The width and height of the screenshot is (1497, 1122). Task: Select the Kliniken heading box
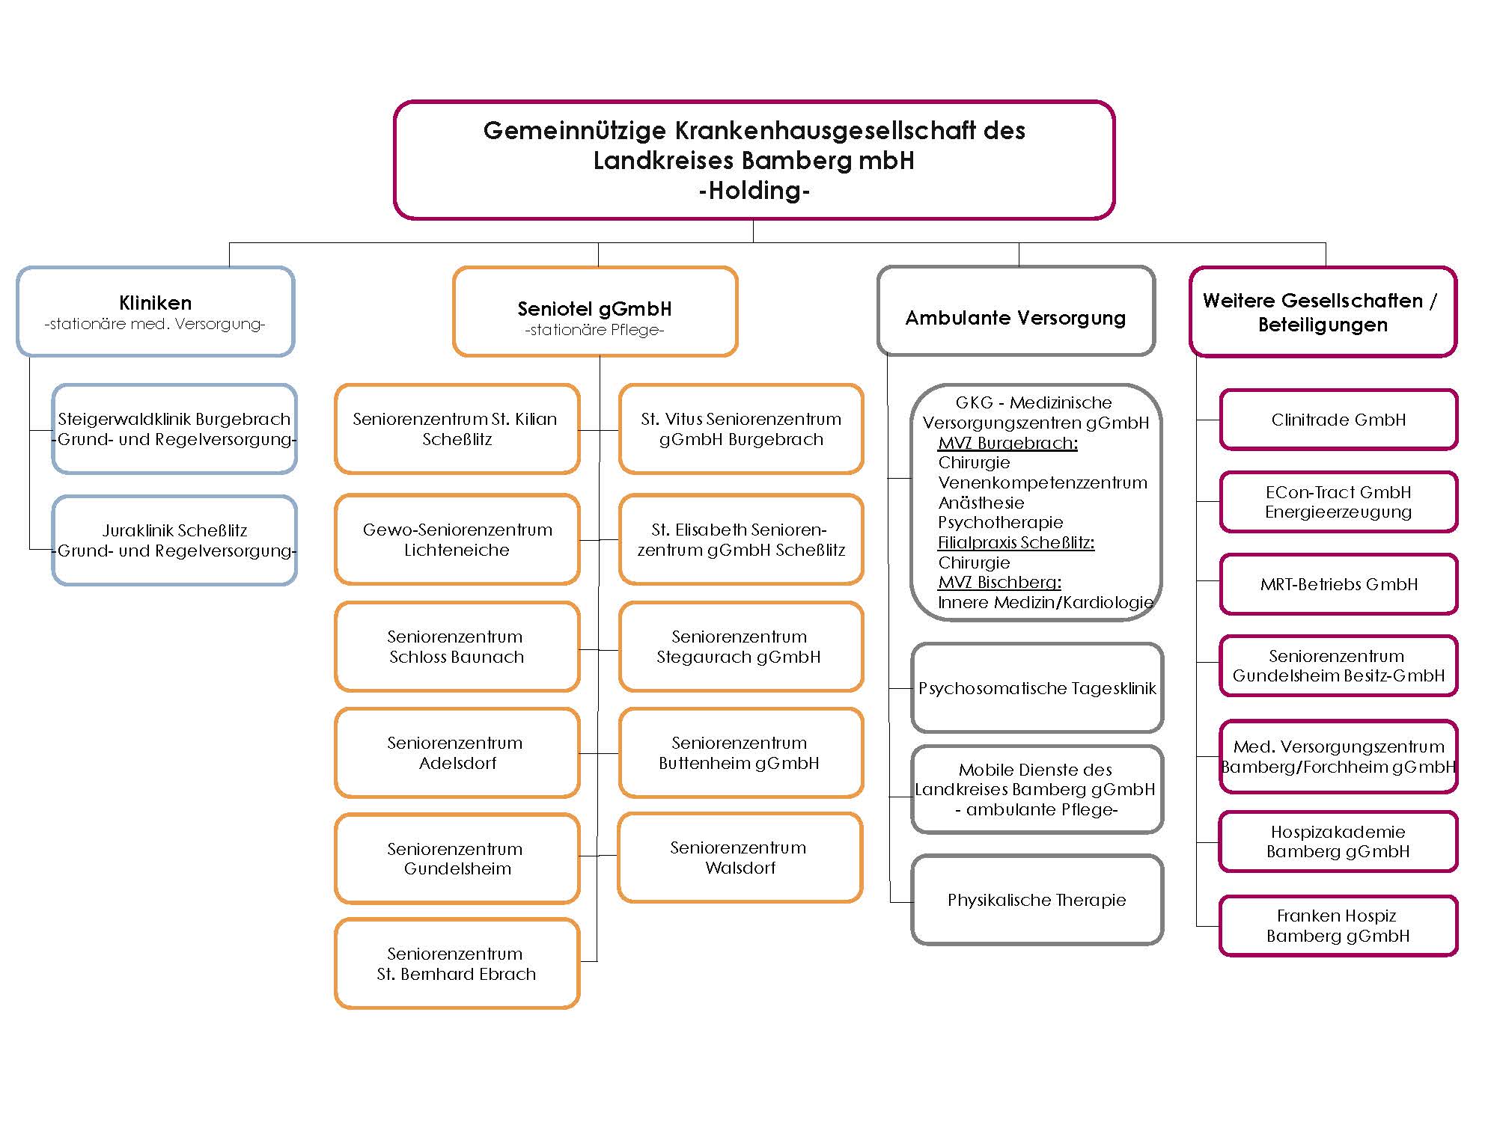[156, 311]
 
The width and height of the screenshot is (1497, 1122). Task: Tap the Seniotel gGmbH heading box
[595, 311]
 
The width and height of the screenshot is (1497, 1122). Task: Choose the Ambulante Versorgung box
[1016, 310]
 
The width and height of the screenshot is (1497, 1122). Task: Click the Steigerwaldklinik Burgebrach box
[174, 429]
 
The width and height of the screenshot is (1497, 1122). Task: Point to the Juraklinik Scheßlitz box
[174, 540]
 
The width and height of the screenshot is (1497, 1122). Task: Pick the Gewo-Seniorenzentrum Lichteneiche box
[457, 539]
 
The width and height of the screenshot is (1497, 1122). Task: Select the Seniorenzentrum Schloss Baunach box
[457, 647]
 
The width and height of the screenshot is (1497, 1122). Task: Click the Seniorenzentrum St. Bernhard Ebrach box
[457, 963]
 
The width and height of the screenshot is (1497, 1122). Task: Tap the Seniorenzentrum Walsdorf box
[740, 857]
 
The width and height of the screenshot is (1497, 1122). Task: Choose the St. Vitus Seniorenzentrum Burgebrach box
[741, 429]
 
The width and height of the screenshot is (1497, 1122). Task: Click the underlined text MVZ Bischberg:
[999, 582]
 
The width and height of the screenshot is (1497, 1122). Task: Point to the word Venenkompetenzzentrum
[1043, 482]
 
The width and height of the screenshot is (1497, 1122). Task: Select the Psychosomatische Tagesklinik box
[1037, 687]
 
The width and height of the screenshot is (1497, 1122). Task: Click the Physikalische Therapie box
[1037, 900]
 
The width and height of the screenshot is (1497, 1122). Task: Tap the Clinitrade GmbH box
[1338, 420]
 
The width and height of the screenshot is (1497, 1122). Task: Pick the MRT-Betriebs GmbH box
[1338, 584]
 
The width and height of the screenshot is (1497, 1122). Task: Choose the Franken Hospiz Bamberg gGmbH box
[1338, 926]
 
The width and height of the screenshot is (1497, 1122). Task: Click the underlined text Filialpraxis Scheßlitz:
[1016, 542]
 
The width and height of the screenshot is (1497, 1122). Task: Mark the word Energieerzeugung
[1338, 512]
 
